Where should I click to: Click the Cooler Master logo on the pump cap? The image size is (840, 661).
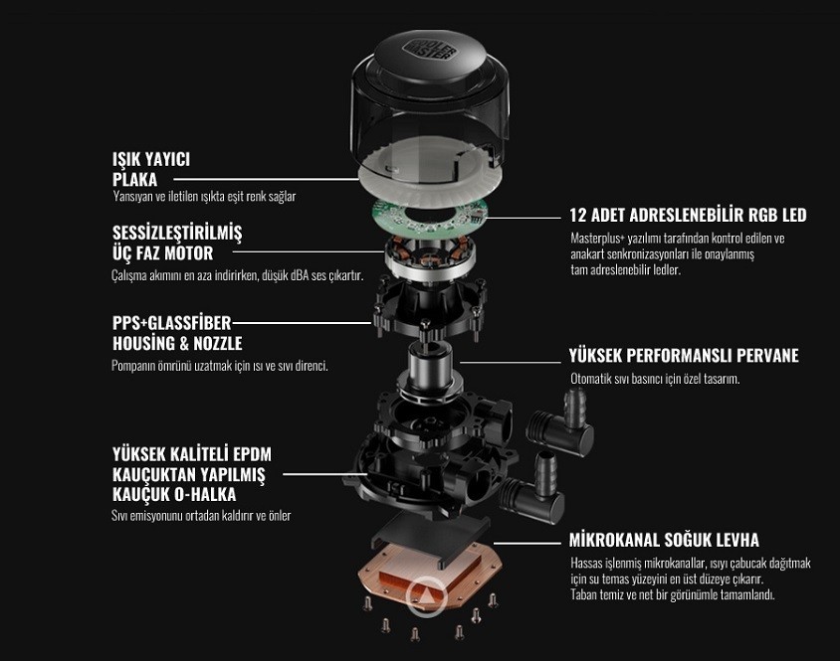(x=430, y=49)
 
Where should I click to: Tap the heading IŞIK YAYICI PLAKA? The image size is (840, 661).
(x=151, y=169)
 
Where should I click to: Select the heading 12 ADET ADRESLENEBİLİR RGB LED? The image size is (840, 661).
(x=688, y=215)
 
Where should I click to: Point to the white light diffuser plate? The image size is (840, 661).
(x=429, y=174)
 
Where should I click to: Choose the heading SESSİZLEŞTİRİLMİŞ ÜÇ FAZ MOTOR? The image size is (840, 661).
(x=177, y=243)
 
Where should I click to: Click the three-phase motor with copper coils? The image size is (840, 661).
(x=430, y=256)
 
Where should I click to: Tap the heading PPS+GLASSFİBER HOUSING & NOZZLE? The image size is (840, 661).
(x=177, y=333)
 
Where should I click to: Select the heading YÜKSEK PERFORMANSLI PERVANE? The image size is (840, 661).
(x=684, y=356)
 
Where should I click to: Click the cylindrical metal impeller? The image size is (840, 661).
(x=430, y=371)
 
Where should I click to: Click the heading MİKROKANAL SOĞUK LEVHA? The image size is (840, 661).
(x=664, y=540)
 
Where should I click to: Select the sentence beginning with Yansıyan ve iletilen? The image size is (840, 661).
(x=204, y=197)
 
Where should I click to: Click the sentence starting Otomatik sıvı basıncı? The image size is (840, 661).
(x=655, y=379)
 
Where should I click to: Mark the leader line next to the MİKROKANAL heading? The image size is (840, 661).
(x=527, y=544)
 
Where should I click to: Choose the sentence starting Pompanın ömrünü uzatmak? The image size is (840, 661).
(x=220, y=366)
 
